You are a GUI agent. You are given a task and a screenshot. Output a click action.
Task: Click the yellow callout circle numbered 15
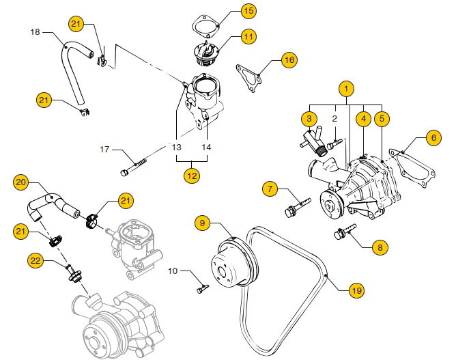(x=229, y=11)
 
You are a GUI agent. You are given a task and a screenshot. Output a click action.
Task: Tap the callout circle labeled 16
(x=289, y=60)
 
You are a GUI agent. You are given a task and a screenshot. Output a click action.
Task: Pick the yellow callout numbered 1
(x=347, y=89)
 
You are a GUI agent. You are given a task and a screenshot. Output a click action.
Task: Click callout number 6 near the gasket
(x=433, y=137)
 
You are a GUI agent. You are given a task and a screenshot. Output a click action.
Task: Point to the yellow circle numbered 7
(x=271, y=188)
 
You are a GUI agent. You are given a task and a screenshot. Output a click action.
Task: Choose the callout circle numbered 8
(x=379, y=247)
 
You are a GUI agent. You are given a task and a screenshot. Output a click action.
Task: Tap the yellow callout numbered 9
(x=203, y=222)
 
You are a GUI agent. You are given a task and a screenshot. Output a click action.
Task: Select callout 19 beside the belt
(x=356, y=290)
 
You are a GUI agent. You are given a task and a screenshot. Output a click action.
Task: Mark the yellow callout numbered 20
(x=21, y=182)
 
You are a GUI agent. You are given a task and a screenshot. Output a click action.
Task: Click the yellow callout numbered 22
(x=35, y=260)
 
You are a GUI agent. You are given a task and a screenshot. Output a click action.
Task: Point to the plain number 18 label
(x=35, y=32)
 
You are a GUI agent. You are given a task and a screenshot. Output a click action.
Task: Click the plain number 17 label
(x=105, y=149)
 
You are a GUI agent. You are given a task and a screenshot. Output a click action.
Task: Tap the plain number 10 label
(x=173, y=271)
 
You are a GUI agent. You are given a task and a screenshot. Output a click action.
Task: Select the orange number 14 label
(x=207, y=147)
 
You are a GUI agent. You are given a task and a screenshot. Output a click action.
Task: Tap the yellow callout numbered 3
(x=309, y=119)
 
